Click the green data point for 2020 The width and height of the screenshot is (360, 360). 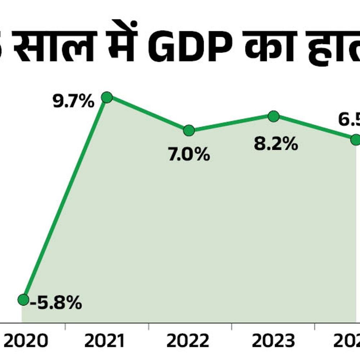click(23, 299)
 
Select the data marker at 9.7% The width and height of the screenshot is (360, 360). click(107, 97)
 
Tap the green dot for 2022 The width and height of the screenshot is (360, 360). click(189, 130)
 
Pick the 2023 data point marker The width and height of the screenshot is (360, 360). click(274, 116)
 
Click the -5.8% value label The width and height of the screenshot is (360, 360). click(56, 303)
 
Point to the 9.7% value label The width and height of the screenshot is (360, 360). click(73, 102)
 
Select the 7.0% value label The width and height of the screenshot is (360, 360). click(189, 155)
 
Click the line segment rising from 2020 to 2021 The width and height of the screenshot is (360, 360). click(65, 198)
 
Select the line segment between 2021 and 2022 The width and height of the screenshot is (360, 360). click(148, 114)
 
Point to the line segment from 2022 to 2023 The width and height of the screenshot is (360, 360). click(231, 123)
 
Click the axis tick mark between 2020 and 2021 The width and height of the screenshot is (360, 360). click(65, 326)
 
